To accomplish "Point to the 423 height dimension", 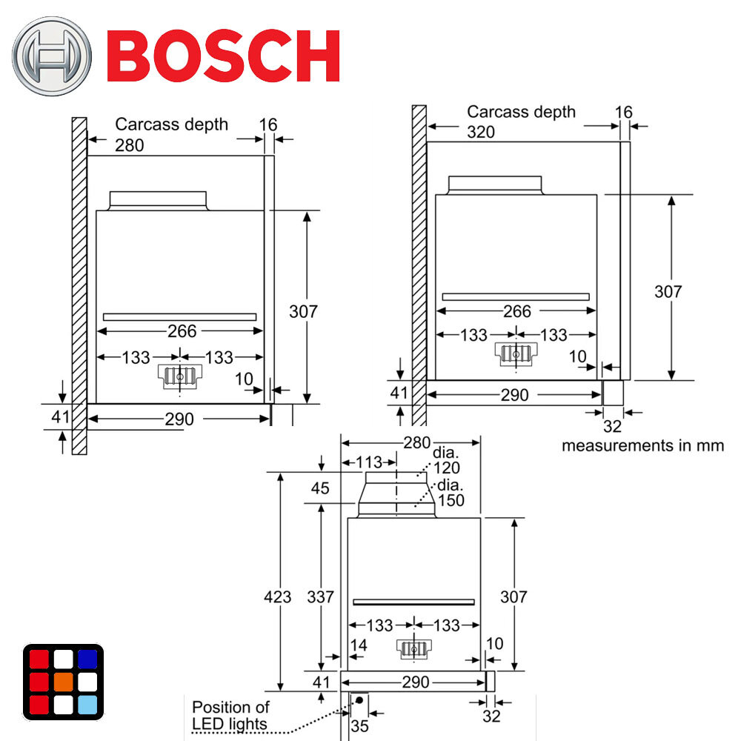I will (278, 597).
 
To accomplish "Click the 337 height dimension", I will (319, 597).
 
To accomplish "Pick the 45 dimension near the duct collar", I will (321, 488).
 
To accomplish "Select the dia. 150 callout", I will (451, 494).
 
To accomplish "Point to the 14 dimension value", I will (359, 645).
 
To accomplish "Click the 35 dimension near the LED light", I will (359, 726).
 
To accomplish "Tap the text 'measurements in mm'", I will (642, 445).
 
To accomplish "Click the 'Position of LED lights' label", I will (230, 716).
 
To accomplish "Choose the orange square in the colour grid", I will (63, 681).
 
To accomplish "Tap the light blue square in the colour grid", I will (87, 705).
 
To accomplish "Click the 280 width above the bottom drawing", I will (417, 443).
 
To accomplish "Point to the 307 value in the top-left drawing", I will (302, 311).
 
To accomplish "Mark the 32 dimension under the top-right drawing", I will (612, 426).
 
